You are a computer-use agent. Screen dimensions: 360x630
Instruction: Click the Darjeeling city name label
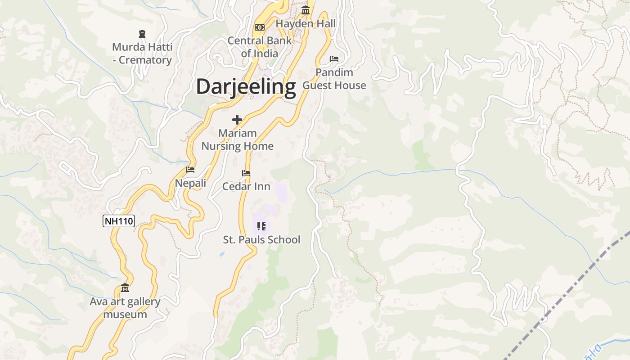pos(246,86)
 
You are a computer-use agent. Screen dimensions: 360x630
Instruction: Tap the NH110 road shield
pos(119,221)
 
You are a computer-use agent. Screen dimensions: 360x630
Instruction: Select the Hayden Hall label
pos(306,23)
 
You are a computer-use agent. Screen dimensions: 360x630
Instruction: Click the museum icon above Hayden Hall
pos(306,10)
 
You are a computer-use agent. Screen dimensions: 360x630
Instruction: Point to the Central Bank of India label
pos(259,47)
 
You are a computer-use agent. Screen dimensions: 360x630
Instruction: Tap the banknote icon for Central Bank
pos(259,27)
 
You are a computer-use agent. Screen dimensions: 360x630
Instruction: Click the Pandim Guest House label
pos(334,79)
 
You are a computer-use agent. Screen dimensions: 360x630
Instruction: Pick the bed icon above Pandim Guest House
pos(334,59)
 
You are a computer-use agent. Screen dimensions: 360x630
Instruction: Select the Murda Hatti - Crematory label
pos(142,54)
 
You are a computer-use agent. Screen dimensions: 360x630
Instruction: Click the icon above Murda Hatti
pos(142,34)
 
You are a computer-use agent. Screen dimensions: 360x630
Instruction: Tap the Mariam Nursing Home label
pos(237,139)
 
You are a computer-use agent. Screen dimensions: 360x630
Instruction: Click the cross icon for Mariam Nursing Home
pos(237,120)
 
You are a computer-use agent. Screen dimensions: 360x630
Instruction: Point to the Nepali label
pos(190,183)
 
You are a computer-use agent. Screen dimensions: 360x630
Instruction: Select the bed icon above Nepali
pos(190,170)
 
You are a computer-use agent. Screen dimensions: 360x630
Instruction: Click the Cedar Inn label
pos(246,186)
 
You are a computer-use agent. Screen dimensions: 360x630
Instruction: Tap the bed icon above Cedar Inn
pos(246,173)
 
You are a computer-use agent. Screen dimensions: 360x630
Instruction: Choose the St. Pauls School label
pos(261,239)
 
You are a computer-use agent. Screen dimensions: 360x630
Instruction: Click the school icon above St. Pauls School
pos(261,226)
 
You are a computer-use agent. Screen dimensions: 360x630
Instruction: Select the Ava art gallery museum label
pos(125,308)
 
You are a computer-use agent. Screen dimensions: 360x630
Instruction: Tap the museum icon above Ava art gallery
pos(125,288)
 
